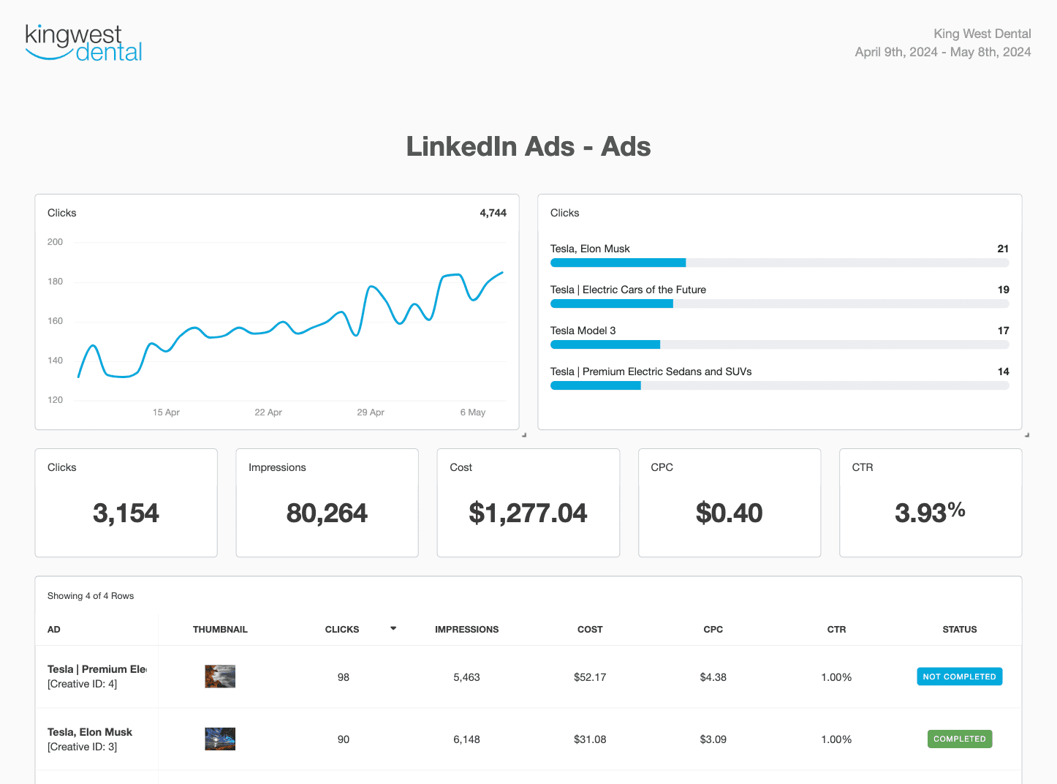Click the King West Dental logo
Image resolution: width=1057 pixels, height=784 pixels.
[83, 43]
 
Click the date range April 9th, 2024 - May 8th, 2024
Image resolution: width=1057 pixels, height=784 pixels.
[942, 52]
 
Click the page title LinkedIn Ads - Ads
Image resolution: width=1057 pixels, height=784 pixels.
[528, 146]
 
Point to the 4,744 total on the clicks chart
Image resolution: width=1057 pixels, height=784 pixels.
[493, 213]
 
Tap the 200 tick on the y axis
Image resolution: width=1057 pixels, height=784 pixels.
[55, 242]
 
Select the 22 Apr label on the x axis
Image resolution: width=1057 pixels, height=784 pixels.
[268, 412]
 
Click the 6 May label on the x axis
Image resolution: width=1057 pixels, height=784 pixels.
[472, 412]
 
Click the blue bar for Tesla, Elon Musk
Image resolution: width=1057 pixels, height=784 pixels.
[618, 263]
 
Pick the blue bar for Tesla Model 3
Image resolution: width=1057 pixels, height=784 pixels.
[605, 344]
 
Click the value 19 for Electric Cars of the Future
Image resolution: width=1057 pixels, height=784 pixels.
[1003, 290]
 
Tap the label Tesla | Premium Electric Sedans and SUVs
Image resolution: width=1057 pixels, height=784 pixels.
[651, 372]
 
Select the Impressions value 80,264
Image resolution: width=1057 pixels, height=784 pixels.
[327, 513]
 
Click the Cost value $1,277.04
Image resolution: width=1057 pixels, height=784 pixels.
[528, 513]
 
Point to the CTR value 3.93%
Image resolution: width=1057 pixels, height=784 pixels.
[930, 512]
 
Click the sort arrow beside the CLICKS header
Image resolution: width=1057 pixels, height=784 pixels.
[393, 628]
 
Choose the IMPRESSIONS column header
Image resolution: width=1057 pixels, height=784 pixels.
[466, 629]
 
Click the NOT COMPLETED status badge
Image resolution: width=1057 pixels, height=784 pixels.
[959, 676]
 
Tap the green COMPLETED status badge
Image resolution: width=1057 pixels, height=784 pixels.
[959, 739]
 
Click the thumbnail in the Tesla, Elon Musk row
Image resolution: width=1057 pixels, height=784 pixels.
[220, 739]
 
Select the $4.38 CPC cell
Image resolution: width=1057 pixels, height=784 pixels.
[713, 677]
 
